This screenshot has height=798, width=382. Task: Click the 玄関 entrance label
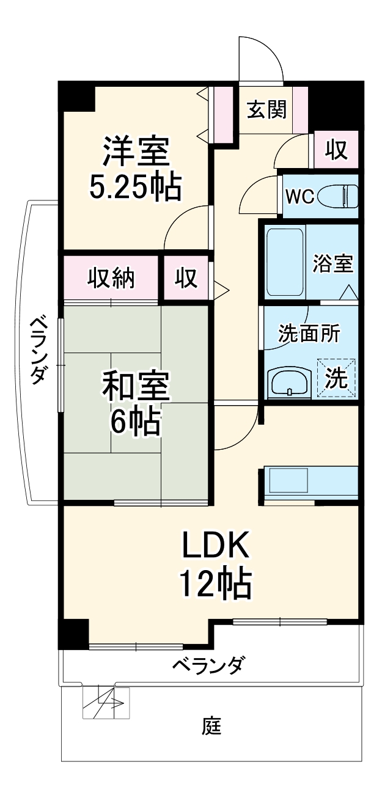coord(266,110)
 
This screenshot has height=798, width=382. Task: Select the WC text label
coord(300,197)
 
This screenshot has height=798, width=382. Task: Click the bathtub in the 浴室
coord(285,261)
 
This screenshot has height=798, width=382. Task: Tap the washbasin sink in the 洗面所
coord(290,383)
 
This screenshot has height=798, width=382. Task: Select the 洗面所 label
coord(309,335)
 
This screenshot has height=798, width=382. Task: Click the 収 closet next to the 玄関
coord(336,150)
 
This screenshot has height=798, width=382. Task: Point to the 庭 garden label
coord(211,727)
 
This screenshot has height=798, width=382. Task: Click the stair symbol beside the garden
coord(104,703)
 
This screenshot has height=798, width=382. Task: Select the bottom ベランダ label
coord(210,664)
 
